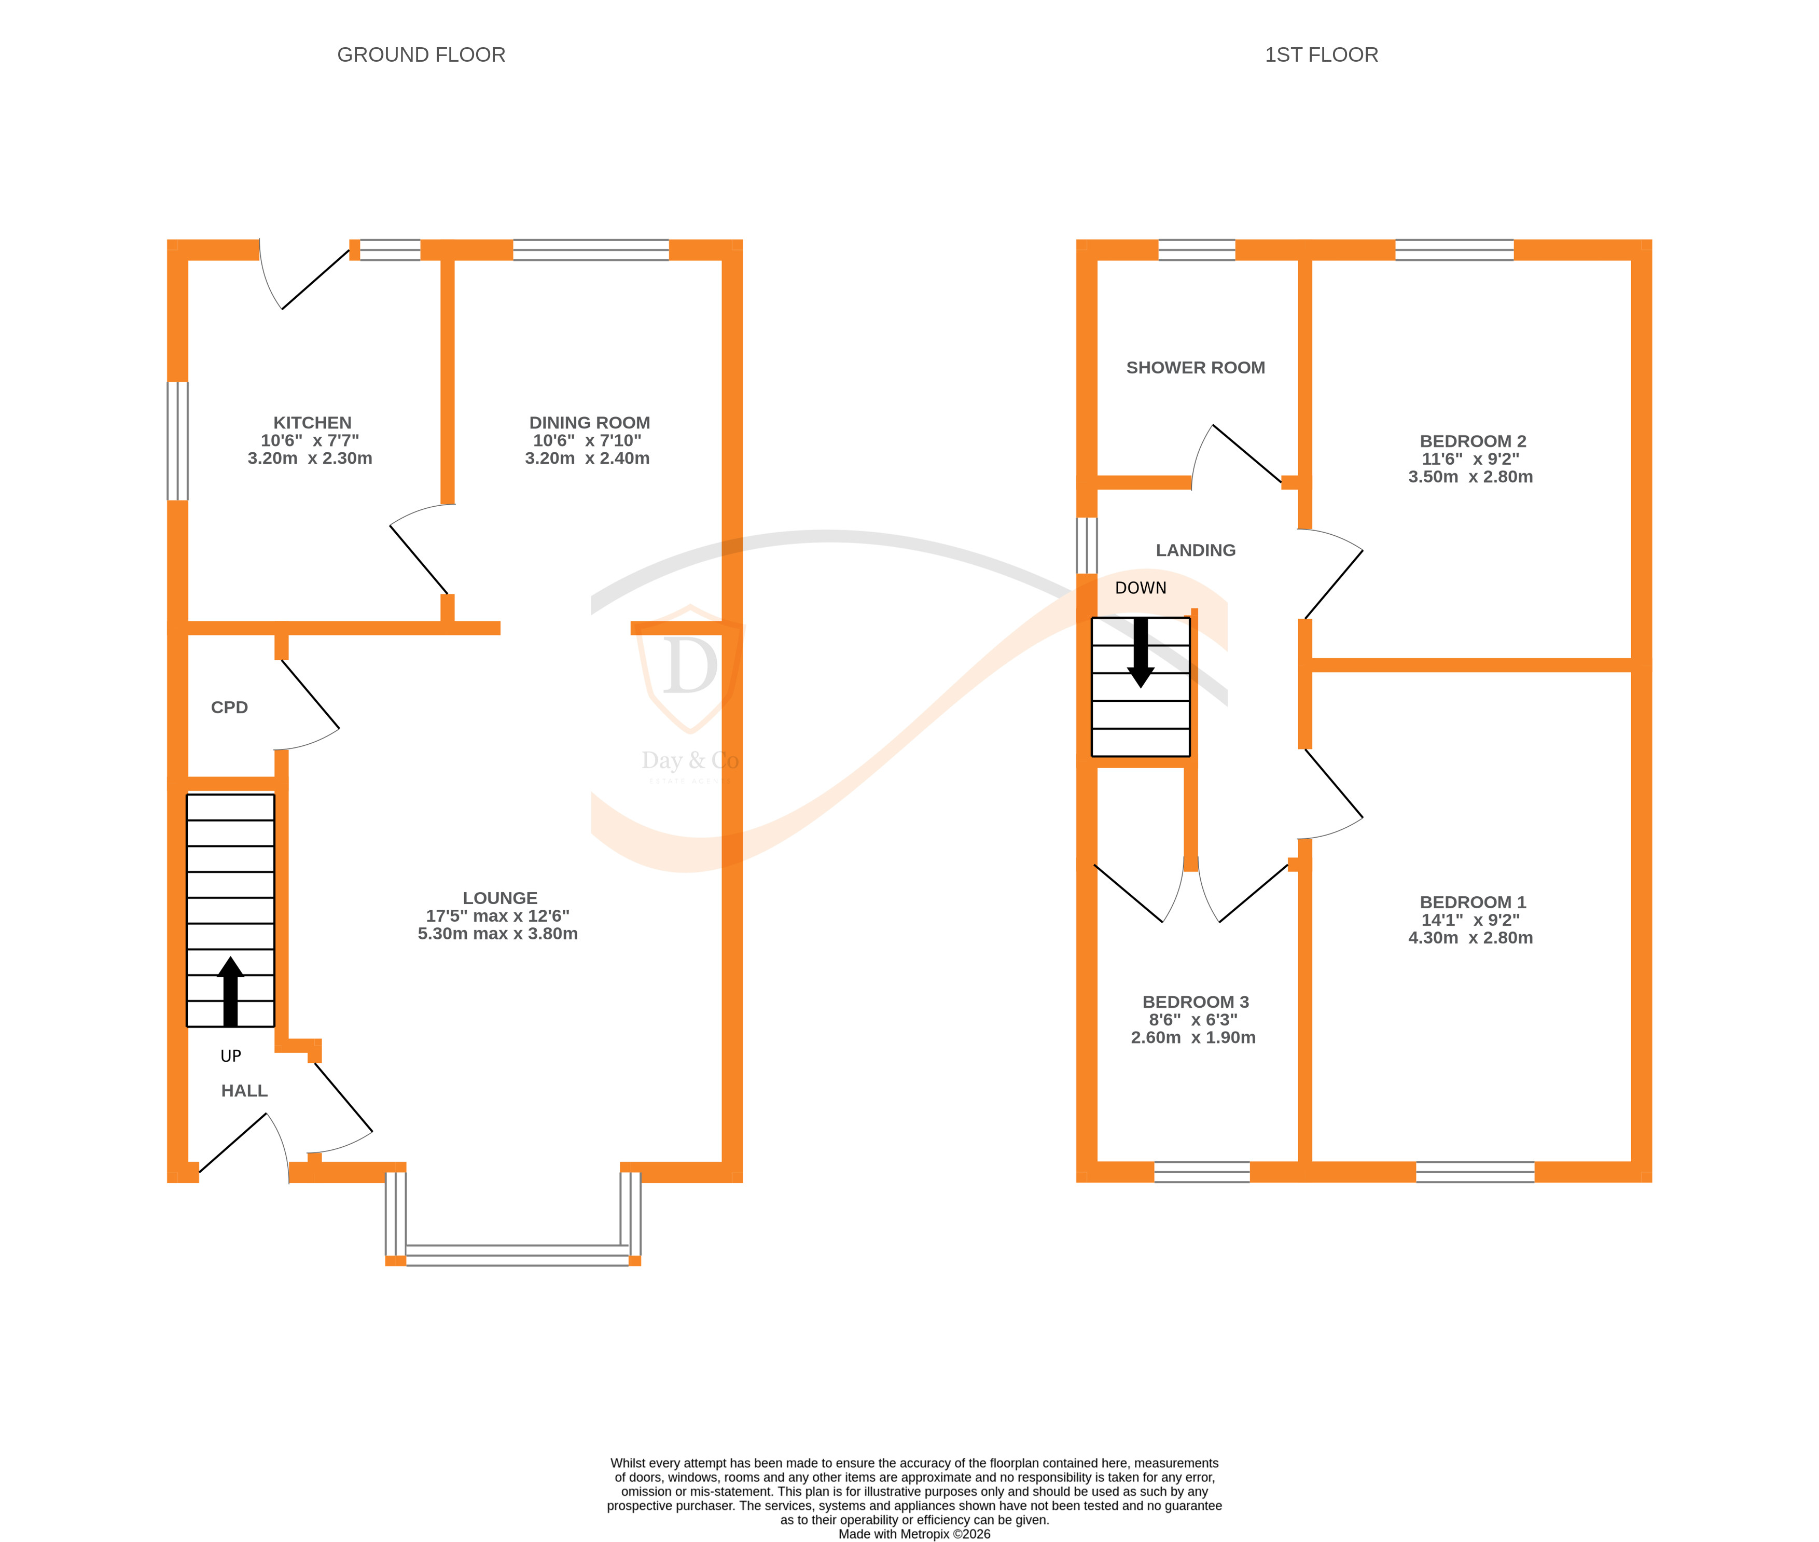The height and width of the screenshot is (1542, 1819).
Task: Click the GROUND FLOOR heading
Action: click(x=421, y=55)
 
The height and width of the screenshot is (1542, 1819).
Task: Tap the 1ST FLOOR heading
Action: click(x=1321, y=55)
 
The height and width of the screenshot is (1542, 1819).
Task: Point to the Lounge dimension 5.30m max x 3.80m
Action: click(x=497, y=934)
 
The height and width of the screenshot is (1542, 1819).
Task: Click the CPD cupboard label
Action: click(x=229, y=707)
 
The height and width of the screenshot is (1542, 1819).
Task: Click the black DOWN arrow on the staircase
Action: click(x=1141, y=652)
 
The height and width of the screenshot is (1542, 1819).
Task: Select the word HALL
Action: click(x=244, y=1091)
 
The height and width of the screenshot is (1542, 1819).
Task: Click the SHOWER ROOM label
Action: click(x=1195, y=368)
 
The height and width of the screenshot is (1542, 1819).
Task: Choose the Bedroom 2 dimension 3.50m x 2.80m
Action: click(x=1470, y=477)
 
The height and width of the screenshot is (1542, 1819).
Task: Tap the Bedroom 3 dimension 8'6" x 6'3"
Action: click(x=1192, y=1020)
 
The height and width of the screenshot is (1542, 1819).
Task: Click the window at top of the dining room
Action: click(x=590, y=250)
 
